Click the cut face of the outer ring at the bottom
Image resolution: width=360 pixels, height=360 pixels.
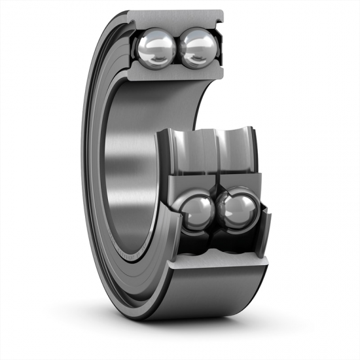[219, 265]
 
